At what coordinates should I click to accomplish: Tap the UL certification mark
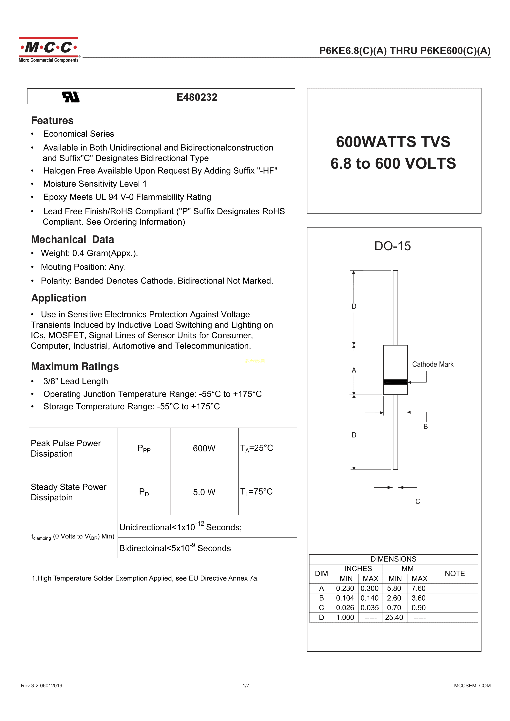pos(71,97)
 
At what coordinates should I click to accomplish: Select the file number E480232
pos(197,97)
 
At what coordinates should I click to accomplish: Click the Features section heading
pos(52,121)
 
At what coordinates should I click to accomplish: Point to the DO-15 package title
pos(392,246)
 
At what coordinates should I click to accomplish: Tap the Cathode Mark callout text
pos(433,364)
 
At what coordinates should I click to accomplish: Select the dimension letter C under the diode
pos(418,502)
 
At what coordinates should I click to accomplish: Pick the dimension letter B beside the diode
pos(426,426)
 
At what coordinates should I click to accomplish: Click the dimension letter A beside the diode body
pos(354,370)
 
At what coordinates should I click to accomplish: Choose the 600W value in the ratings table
pos(204,448)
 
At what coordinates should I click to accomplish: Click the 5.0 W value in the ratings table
pos(204,492)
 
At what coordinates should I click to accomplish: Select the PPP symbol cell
pos(144,448)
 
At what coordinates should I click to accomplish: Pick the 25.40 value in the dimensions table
pos(394,617)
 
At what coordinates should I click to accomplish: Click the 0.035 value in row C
pos(370,608)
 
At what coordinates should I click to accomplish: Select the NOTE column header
pos(454,574)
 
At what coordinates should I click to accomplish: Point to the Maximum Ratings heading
pos(75,367)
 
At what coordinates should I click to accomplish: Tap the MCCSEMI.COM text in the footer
pos(472,685)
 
